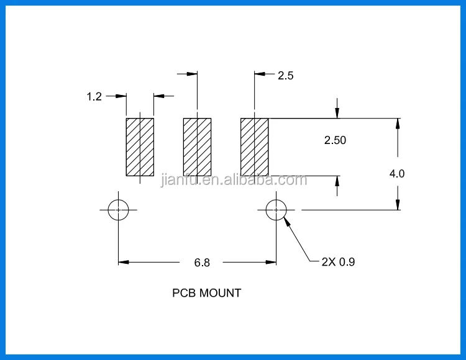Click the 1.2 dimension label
click(x=94, y=96)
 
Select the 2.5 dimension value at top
click(x=286, y=76)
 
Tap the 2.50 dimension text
click(x=335, y=140)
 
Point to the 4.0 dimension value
click(x=397, y=174)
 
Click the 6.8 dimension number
click(x=202, y=263)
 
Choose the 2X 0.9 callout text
click(x=338, y=262)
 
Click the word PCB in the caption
click(x=184, y=293)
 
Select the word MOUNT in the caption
click(x=220, y=293)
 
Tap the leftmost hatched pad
click(x=140, y=147)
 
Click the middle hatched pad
click(x=198, y=147)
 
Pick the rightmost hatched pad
click(x=255, y=147)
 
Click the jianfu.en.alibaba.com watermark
click(x=234, y=180)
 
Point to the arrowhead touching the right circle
click(x=287, y=222)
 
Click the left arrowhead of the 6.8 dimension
click(x=124, y=263)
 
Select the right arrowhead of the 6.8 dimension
click(x=271, y=263)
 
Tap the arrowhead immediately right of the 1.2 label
click(x=121, y=96)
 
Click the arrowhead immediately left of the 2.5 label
click(x=260, y=74)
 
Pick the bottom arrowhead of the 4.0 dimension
click(x=398, y=205)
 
